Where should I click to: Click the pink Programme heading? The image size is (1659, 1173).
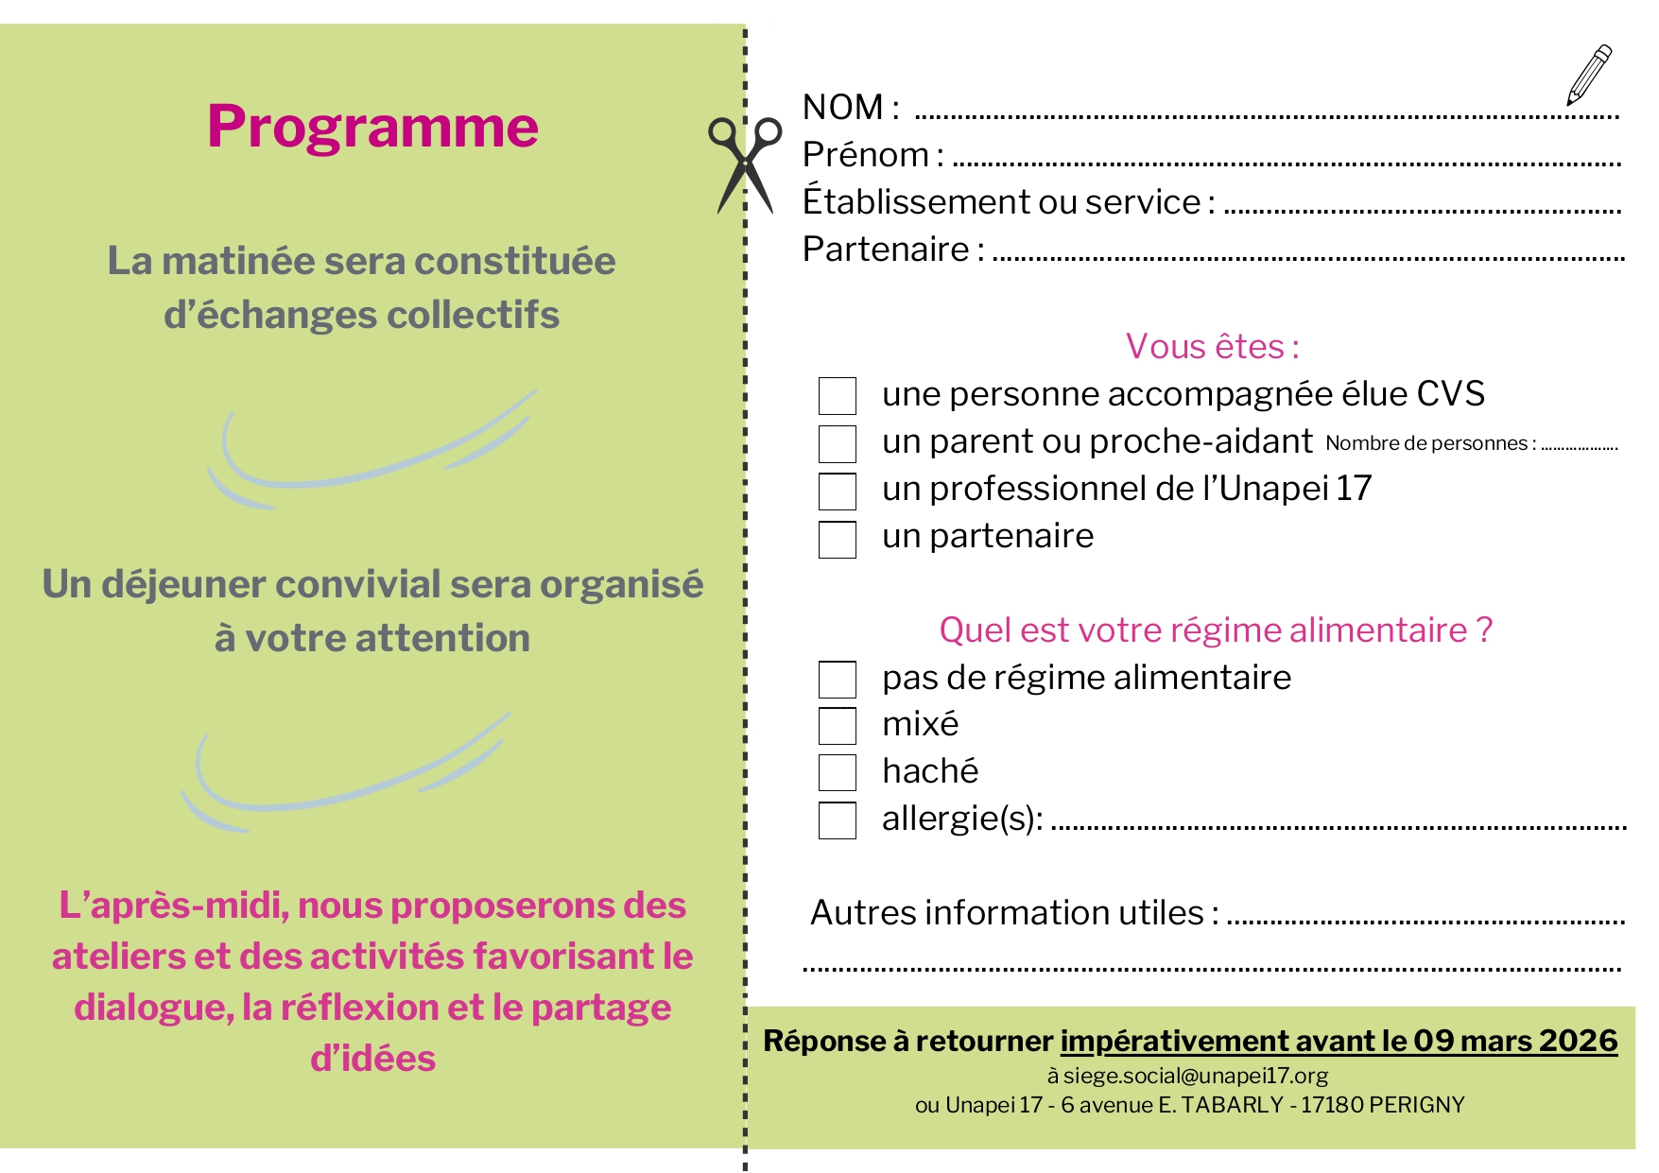click(372, 127)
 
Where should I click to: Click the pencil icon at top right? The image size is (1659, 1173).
click(1589, 75)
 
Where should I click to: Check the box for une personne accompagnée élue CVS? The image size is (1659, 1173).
click(837, 396)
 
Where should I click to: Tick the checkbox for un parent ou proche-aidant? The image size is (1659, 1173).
click(837, 443)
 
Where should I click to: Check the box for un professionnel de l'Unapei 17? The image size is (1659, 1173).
click(837, 491)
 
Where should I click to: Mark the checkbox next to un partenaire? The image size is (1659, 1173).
click(837, 539)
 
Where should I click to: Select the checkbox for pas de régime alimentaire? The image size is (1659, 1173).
click(837, 679)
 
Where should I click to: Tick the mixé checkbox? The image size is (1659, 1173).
click(837, 726)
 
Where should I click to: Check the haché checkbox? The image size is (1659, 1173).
click(837, 772)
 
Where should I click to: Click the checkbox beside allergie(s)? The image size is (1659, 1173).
click(837, 819)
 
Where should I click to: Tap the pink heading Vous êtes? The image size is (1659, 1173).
click(1212, 347)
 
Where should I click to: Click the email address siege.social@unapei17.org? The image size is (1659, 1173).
click(1195, 1076)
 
